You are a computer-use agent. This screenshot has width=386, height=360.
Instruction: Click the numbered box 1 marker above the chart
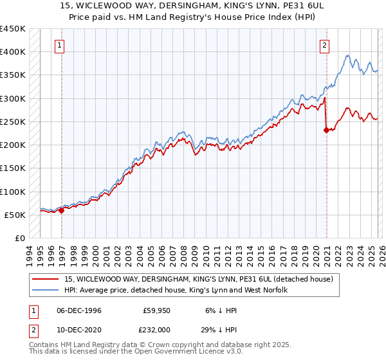pyautogui.click(x=59, y=45)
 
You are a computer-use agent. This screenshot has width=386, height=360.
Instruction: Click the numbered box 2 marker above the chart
pyautogui.click(x=324, y=45)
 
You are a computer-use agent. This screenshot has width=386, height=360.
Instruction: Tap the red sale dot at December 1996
pyautogui.click(x=62, y=210)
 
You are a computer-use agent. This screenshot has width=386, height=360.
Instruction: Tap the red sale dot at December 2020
pyautogui.click(x=327, y=130)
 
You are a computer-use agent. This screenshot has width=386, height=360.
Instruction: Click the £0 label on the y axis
pyautogui.click(x=19, y=239)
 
